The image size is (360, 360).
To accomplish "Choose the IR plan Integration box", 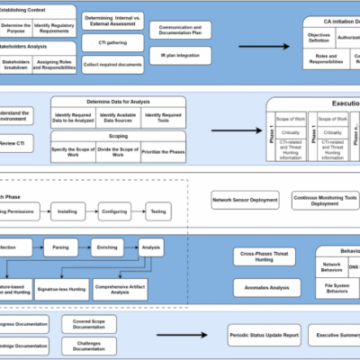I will tap(180, 56).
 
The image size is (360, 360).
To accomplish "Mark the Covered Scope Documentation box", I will tap(89, 323).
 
